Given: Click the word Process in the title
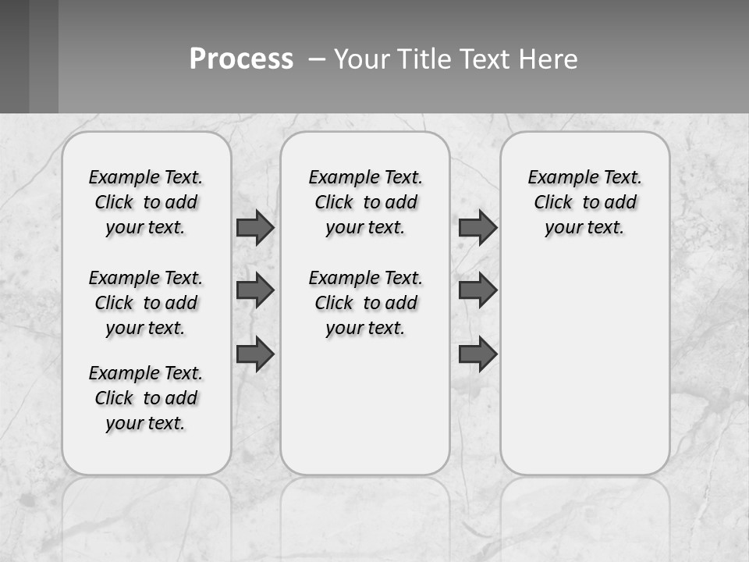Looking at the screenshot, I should (241, 59).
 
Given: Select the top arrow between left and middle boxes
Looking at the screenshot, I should (255, 227).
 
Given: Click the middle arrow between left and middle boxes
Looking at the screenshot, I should (255, 290).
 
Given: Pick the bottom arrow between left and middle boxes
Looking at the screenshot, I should (255, 354).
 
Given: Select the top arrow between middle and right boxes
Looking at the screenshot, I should (477, 227).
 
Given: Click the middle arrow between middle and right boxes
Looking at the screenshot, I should (477, 290).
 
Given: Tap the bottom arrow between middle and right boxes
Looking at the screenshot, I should (477, 354).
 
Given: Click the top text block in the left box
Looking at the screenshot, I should (146, 202).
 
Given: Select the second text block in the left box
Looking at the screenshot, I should (146, 303).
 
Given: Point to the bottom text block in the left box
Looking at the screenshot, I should (146, 398).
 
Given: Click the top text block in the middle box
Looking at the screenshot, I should (366, 202).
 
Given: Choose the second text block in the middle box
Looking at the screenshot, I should (366, 303).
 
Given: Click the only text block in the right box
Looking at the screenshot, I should (585, 202).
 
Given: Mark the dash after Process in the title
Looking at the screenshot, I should (317, 59).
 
